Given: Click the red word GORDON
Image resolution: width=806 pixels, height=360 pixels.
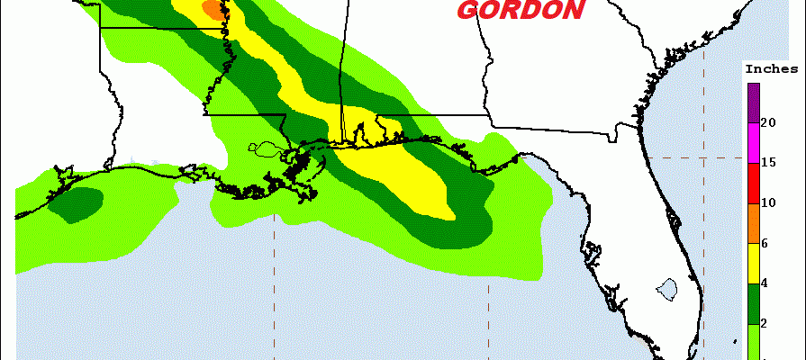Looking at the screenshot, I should [520, 10].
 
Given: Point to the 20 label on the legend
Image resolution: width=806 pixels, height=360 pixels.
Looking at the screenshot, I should [768, 121].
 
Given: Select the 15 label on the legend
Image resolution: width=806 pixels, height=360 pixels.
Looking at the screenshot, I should [768, 162].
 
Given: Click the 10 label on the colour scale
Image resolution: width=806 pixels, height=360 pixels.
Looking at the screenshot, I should [768, 202].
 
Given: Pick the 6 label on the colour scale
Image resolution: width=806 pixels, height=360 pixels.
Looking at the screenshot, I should [765, 243].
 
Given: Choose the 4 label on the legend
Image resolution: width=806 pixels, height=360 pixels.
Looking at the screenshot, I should [765, 283].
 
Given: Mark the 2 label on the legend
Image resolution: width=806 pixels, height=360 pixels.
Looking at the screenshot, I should [765, 324].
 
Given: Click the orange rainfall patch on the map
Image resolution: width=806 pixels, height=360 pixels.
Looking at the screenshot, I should [213, 9].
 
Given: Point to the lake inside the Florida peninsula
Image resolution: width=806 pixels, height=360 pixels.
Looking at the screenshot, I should [667, 290].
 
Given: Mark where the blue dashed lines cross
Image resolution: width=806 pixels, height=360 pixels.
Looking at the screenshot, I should [703, 157].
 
